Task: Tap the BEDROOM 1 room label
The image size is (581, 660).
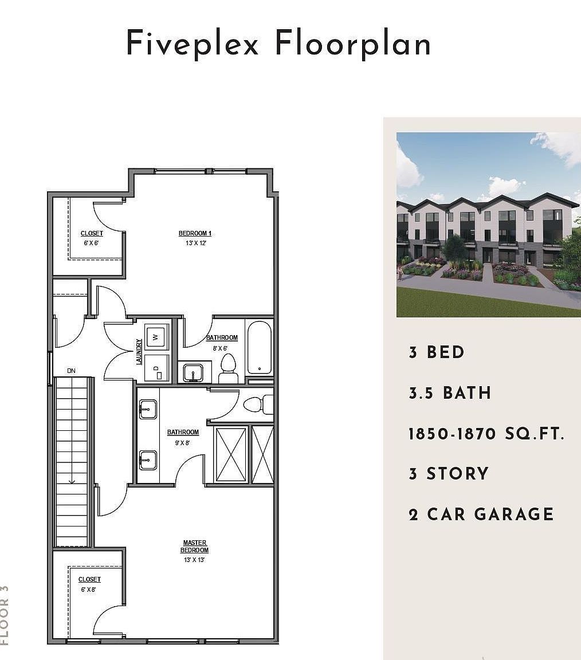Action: coord(195,233)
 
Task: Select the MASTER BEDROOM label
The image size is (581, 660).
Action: coord(195,547)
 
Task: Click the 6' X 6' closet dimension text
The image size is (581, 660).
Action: coord(92,243)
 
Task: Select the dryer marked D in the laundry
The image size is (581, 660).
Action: coord(156,368)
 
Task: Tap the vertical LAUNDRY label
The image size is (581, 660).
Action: coord(139,352)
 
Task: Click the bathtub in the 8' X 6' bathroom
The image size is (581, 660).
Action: coord(259,347)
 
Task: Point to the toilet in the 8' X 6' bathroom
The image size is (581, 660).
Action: coord(228,368)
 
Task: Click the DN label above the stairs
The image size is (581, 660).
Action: coord(71,371)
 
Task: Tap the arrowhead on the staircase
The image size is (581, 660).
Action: coord(72,481)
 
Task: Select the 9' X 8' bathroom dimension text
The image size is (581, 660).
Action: coord(183,442)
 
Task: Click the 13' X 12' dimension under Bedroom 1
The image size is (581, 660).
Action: coord(195,243)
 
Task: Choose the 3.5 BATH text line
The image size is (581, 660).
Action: coord(450,393)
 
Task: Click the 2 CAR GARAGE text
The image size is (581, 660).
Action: coord(481,514)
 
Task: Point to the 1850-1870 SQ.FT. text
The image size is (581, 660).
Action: coord(486,434)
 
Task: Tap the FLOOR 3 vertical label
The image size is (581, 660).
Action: coord(5,614)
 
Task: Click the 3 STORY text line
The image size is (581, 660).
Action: coord(449,474)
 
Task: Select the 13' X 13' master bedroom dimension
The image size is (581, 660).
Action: coord(195,560)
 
